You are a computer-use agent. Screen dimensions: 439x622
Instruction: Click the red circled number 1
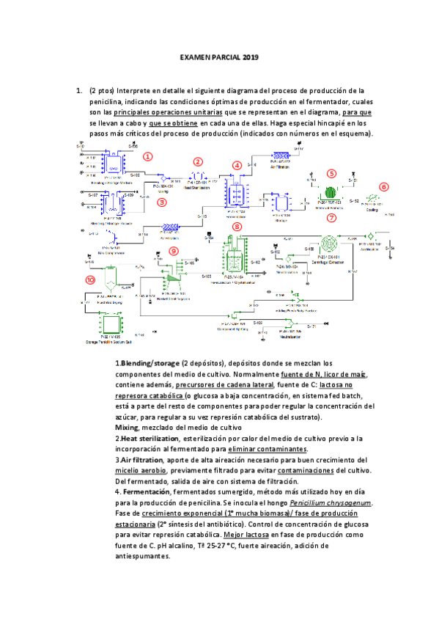pyautogui.click(x=147, y=156)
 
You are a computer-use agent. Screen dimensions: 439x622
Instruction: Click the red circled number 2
pyautogui.click(x=198, y=161)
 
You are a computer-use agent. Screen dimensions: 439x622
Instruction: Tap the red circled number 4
pyautogui.click(x=237, y=166)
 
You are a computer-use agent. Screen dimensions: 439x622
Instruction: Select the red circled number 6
pyautogui.click(x=383, y=187)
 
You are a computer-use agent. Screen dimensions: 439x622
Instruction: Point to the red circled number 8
pyautogui.click(x=237, y=227)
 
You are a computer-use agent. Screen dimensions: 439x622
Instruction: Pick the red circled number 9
pyautogui.click(x=173, y=251)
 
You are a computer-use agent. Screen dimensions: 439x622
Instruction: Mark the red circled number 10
pyautogui.click(x=91, y=279)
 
